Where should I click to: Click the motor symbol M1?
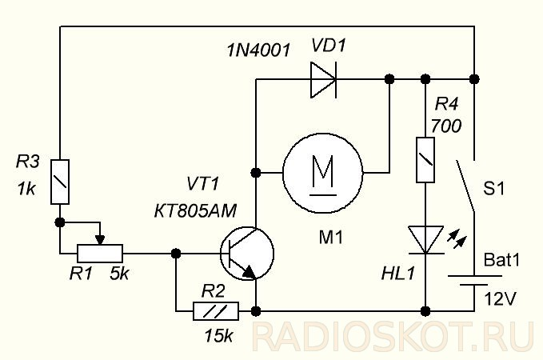tap(322, 172)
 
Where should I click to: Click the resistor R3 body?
tap(59, 181)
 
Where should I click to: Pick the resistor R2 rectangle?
tap(217, 310)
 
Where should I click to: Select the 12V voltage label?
tap(500, 298)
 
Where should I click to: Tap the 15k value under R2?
tap(218, 335)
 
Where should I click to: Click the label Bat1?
tap(502, 261)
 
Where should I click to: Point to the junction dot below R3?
tap(59, 222)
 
